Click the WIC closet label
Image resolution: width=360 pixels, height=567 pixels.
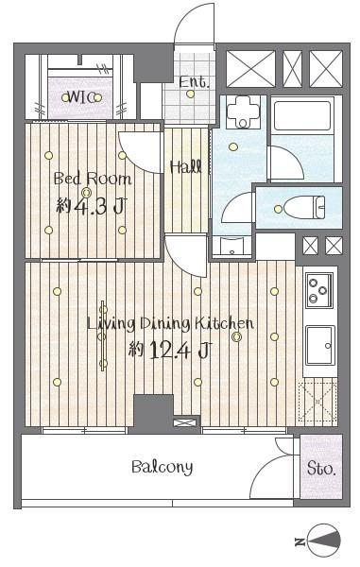pyautogui.click(x=81, y=97)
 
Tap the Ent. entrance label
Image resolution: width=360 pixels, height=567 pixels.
pyautogui.click(x=194, y=82)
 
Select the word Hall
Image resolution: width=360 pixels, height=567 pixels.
pyautogui.click(x=186, y=166)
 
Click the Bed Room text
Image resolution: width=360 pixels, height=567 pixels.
pyautogui.click(x=93, y=179)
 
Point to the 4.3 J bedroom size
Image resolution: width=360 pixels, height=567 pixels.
pyautogui.click(x=98, y=206)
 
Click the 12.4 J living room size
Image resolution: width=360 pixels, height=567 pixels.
pyautogui.click(x=179, y=350)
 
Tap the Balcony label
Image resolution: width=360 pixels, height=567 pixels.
pyautogui.click(x=162, y=467)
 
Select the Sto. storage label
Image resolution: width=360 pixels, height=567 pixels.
pyautogui.click(x=321, y=469)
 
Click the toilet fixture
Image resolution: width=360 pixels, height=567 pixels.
pyautogui.click(x=304, y=208)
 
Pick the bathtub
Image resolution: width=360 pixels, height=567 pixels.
pyautogui.click(x=302, y=115)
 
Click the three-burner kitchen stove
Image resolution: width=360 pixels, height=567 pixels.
pyautogui.click(x=319, y=290)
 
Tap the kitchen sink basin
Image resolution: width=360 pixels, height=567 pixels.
pyautogui.click(x=320, y=345)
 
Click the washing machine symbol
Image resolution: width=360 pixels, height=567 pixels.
pyautogui.click(x=243, y=112)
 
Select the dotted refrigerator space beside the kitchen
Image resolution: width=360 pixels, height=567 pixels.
pyautogui.click(x=317, y=401)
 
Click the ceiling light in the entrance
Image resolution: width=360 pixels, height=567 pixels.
pyautogui.click(x=190, y=94)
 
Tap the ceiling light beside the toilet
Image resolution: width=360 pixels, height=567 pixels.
pyautogui.click(x=278, y=209)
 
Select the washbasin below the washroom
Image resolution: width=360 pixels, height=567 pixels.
pyautogui.click(x=231, y=246)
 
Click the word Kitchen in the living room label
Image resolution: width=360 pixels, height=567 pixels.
pyautogui.click(x=224, y=322)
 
